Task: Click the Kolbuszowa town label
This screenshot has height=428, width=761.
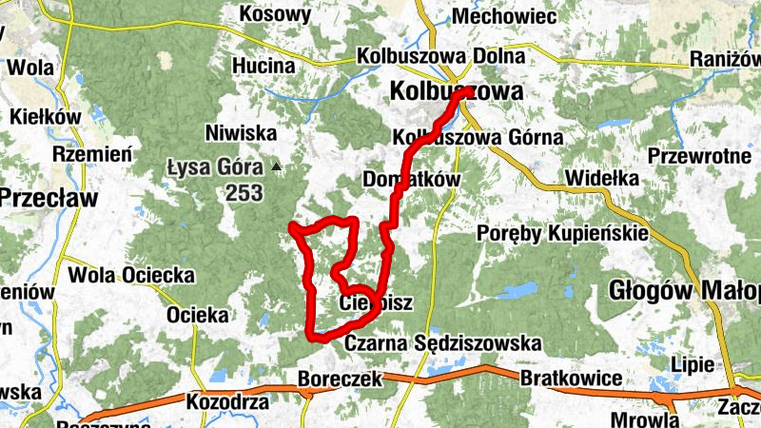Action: pos(457,92)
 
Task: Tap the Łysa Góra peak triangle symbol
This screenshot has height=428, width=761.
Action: pos(277,166)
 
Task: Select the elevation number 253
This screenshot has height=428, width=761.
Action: pos(244,192)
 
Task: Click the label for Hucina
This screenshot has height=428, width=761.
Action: pos(263,66)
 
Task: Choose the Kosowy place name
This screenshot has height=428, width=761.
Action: pos(275,14)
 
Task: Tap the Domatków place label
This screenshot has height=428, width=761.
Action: pos(412,179)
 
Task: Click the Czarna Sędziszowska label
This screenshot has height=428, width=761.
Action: pos(442,342)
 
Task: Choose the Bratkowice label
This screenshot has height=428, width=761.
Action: pos(571,379)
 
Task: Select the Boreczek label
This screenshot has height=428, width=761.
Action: pos(340,379)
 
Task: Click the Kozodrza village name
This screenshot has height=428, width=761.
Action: pos(227,402)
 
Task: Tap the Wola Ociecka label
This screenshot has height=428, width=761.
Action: pos(131,276)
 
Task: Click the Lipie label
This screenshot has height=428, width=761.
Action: pos(692,365)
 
